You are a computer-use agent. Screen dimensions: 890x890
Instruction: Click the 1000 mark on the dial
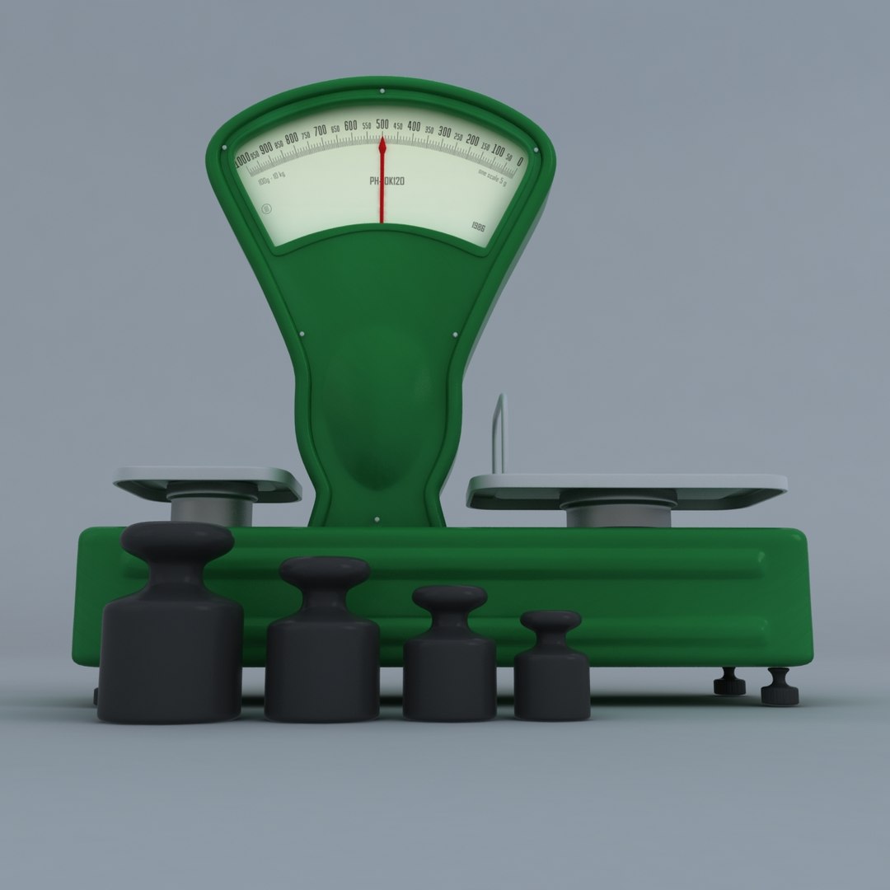[241, 157]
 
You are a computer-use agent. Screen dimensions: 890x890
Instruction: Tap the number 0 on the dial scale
[519, 162]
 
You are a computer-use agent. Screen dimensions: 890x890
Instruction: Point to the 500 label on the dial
[382, 124]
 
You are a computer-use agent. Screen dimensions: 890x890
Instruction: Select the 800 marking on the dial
[292, 138]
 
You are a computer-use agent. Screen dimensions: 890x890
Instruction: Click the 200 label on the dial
[472, 141]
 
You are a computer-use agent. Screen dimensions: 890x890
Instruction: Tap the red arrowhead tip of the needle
[382, 145]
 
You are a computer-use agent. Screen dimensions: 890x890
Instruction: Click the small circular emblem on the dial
[266, 208]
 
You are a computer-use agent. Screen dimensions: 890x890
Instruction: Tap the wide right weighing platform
[626, 486]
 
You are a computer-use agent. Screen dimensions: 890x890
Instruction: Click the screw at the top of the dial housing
[382, 90]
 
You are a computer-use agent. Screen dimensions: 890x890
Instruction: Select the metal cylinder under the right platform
[618, 515]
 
